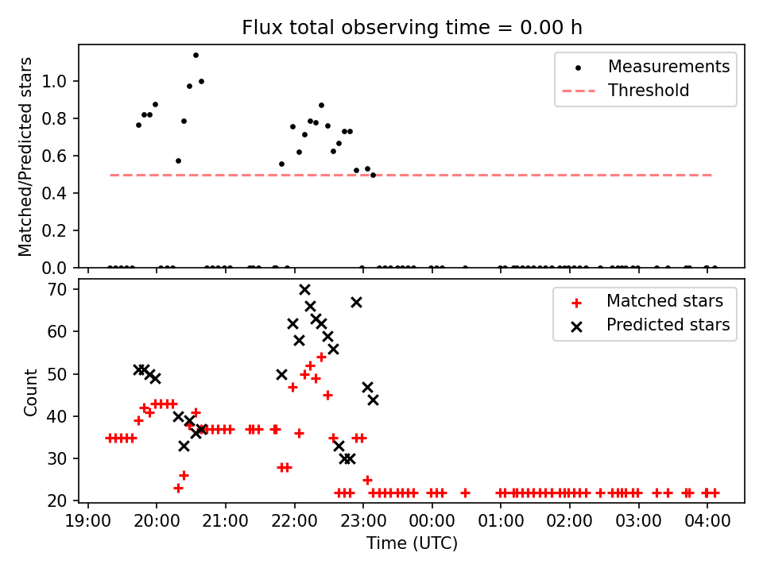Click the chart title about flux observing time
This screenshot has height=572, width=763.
point(412,28)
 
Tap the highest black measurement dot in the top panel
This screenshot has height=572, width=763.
point(196,56)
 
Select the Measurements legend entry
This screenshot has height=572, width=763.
point(645,67)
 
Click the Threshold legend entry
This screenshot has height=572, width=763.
point(626,91)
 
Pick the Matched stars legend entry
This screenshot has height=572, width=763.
point(647,301)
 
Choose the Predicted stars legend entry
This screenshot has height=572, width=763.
point(650,325)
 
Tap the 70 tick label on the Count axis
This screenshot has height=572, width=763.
point(56,289)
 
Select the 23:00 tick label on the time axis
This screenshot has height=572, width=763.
point(363,521)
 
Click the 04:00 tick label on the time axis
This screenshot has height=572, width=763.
point(707,521)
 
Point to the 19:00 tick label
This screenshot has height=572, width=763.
point(88,521)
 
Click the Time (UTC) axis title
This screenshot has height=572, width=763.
point(412,543)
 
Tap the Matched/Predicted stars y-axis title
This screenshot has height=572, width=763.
point(25,157)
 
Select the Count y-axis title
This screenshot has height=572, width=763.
point(30,392)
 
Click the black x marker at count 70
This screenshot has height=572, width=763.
point(304,290)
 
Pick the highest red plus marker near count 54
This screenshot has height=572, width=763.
point(321,357)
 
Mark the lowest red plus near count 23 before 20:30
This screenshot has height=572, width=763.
point(178,488)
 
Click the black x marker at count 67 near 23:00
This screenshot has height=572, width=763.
point(356,303)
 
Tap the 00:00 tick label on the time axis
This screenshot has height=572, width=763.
point(432,521)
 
